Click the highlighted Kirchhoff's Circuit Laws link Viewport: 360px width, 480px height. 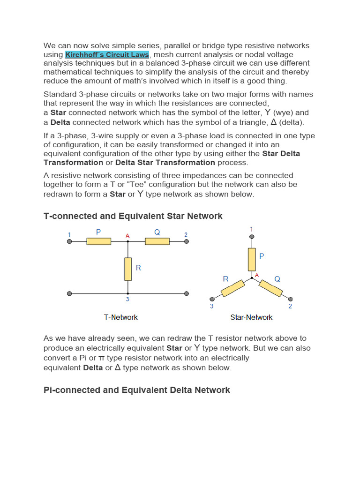pyautogui.click(x=107, y=54)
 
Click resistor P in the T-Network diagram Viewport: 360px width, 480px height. pyautogui.click(x=98, y=241)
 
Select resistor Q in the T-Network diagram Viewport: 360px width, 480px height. pyautogui.click(x=157, y=241)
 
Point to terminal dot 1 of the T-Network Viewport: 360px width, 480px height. pyautogui.click(x=69, y=241)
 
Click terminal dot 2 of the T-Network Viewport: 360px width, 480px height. pyautogui.click(x=187, y=241)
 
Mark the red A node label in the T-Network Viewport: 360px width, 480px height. pyautogui.click(x=127, y=235)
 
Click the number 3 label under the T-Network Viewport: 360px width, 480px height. pyautogui.click(x=127, y=300)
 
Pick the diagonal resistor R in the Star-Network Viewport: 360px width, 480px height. pyautogui.click(x=233, y=288)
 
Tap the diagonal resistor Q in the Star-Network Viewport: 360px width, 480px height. pyautogui.click(x=271, y=288)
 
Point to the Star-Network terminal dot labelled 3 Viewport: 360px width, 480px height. pyautogui.click(x=212, y=299)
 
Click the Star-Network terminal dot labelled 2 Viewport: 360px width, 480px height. pyautogui.click(x=291, y=299)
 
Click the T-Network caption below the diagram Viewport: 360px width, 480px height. pyautogui.click(x=121, y=317)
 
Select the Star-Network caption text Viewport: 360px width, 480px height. pyautogui.click(x=251, y=317)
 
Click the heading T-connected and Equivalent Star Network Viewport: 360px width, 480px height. pyautogui.click(x=133, y=216)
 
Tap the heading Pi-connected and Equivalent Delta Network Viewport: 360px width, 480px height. pyautogui.click(x=137, y=390)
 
